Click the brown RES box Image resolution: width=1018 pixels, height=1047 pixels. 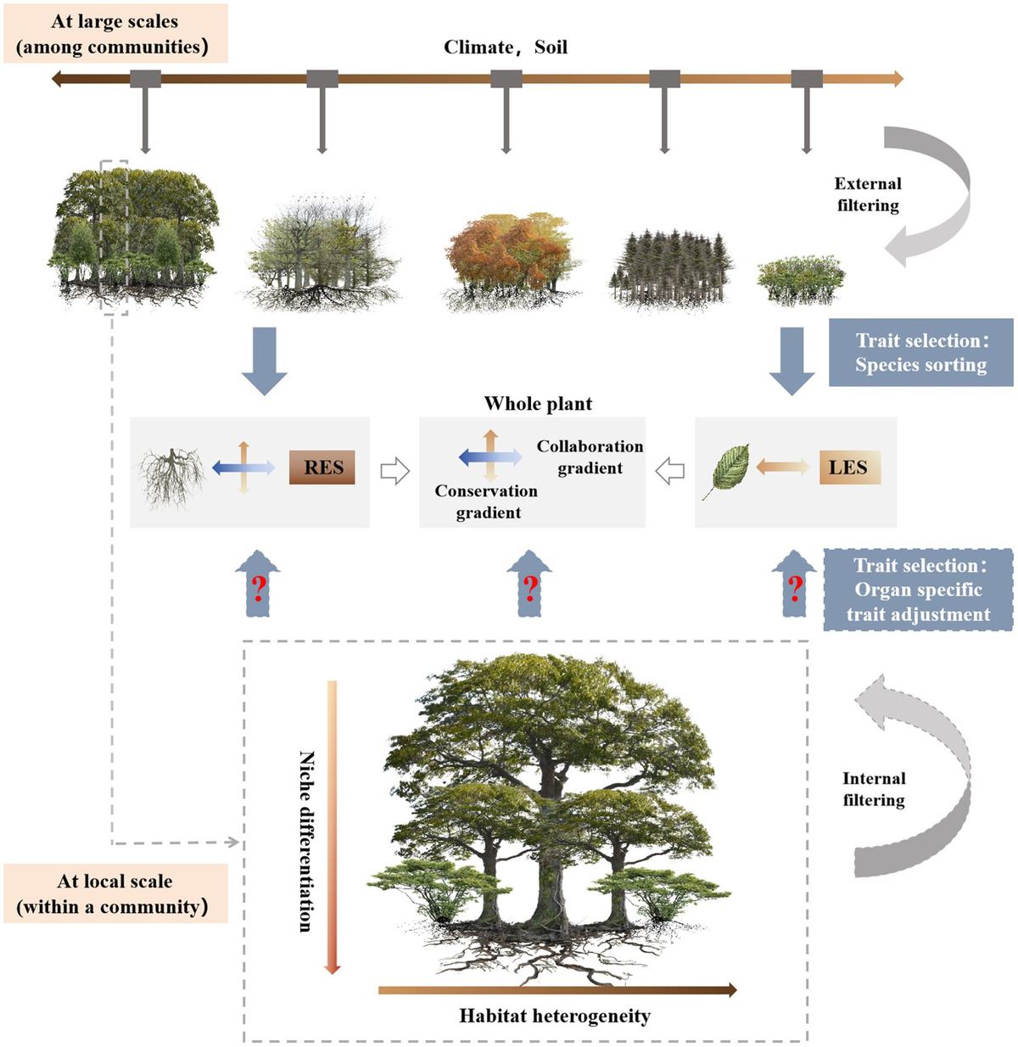point(322,467)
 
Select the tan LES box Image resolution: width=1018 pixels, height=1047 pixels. point(849,467)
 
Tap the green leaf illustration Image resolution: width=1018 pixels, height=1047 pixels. point(726,471)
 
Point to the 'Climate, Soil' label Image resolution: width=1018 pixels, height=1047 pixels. point(506,47)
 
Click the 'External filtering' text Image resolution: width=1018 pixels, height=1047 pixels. point(867,194)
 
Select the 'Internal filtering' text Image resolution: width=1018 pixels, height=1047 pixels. point(874,789)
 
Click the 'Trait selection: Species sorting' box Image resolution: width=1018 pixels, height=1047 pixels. point(920,352)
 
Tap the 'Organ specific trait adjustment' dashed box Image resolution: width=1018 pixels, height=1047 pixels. point(918,589)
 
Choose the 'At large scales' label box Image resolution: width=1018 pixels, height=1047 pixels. point(115,33)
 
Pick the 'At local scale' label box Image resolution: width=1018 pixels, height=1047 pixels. point(115,893)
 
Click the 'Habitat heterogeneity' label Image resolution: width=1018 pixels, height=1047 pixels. point(555,1016)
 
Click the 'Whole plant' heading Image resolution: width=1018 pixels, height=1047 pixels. point(538,404)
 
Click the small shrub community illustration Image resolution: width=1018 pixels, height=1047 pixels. point(801,278)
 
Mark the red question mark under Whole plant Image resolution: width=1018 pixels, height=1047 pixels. point(530,589)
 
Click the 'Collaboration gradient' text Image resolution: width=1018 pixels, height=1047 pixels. point(590,456)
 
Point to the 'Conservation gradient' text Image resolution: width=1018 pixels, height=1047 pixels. point(486,501)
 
